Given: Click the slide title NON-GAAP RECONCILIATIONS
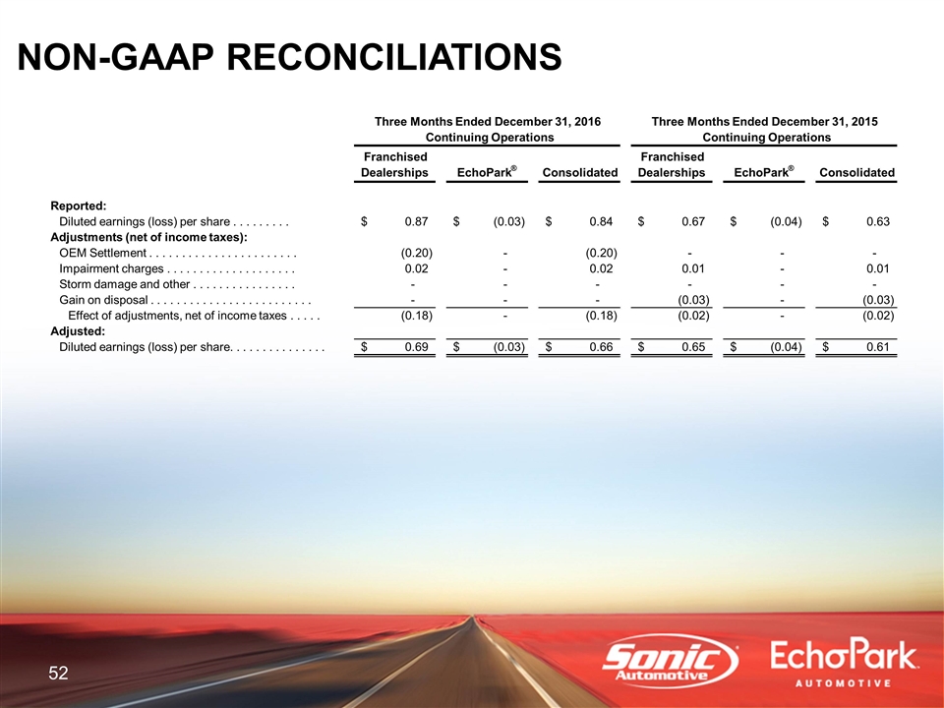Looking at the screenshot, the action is coord(289,57).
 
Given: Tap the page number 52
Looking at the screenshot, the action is coord(58,673).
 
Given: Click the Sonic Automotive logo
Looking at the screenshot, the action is coord(671,661).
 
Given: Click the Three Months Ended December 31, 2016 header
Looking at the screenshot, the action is coord(488,122).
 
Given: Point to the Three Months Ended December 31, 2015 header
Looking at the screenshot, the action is coord(765,122).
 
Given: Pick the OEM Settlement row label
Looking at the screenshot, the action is coord(102,253).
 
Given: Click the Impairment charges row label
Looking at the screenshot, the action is coord(111,268).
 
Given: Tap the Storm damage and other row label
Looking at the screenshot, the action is coord(124,284).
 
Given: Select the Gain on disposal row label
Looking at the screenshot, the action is coord(103,300).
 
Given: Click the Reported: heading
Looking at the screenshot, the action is coord(79,206).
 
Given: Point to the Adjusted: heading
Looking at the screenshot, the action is coord(78,331).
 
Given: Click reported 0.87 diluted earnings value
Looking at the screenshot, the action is coord(416,221).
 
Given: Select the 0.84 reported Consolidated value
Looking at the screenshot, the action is coord(601,221).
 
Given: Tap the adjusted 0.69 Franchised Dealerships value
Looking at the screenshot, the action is coord(416,347).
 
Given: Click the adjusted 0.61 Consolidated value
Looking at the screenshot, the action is coord(878,347).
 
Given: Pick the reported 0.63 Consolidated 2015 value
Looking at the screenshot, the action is coord(878,221).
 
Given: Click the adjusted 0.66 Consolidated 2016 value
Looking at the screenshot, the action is coord(601,347).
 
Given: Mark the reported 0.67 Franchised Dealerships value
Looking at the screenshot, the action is coord(693,221).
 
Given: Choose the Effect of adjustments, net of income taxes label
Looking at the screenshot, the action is coord(177,316).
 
